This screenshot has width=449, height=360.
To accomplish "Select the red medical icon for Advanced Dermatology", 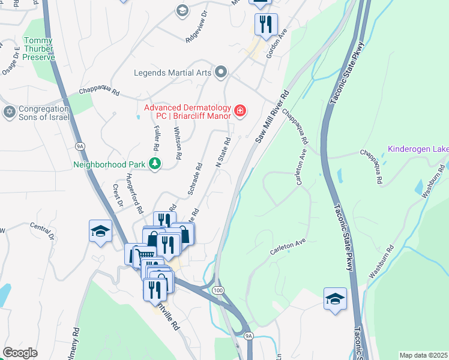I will click(240, 110).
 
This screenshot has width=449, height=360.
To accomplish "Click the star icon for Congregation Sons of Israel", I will click(9, 112).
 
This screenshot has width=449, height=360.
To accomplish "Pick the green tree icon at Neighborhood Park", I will click(155, 164).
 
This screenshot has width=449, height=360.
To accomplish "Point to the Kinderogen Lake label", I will click(418, 149).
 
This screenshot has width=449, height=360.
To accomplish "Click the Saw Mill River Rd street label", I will click(272, 116).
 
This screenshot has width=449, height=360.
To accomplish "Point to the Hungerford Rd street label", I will click(133, 193).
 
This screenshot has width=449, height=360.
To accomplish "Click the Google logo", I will click(20, 352).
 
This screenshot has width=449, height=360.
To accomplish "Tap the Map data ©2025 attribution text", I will click(424, 355).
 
